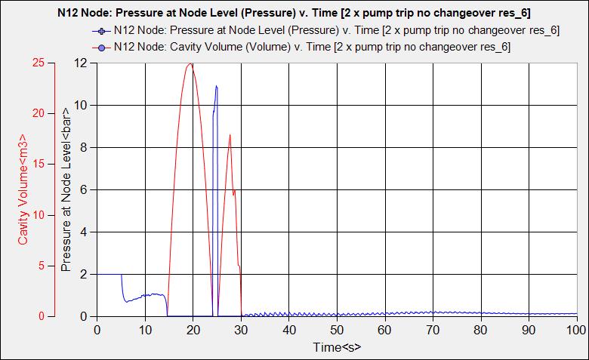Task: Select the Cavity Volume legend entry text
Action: [312, 46]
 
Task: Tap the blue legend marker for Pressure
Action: [98, 31]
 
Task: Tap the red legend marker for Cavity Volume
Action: [98, 46]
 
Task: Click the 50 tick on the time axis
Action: [337, 330]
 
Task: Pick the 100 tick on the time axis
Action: [575, 330]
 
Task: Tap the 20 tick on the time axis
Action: [193, 330]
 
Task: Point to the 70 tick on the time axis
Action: [433, 330]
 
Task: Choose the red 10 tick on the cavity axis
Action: [40, 215]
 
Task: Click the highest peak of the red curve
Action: [191, 64]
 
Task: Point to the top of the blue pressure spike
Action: [217, 86]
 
